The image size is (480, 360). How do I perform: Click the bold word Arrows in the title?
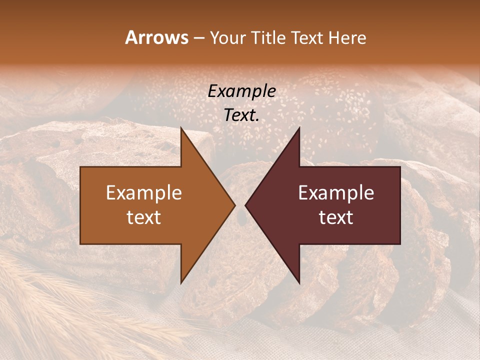(x=157, y=37)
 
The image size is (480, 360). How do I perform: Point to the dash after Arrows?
(x=199, y=38)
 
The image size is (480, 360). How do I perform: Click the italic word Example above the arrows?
(x=242, y=91)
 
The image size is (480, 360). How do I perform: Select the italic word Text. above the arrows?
(x=242, y=115)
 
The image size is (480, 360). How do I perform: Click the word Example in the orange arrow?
(x=144, y=193)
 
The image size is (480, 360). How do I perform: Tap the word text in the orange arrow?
(x=144, y=217)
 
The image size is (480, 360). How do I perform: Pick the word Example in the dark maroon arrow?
(x=336, y=193)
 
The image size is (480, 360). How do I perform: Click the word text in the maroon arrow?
(x=336, y=217)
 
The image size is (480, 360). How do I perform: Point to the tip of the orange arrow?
(x=234, y=205)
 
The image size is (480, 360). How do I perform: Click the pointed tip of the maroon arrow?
(x=245, y=205)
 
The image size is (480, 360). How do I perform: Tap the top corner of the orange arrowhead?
(x=181, y=128)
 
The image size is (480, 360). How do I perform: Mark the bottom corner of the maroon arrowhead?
(x=299, y=282)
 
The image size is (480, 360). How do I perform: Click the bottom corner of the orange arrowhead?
(x=181, y=282)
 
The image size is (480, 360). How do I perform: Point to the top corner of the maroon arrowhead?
(x=299, y=128)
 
